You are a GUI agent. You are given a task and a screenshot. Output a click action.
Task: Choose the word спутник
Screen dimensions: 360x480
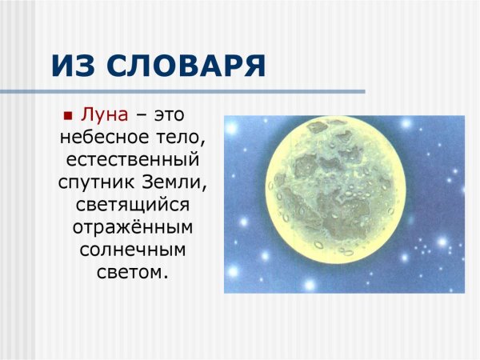coord(92,182)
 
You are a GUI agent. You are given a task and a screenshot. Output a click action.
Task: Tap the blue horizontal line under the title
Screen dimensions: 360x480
coord(200,93)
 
